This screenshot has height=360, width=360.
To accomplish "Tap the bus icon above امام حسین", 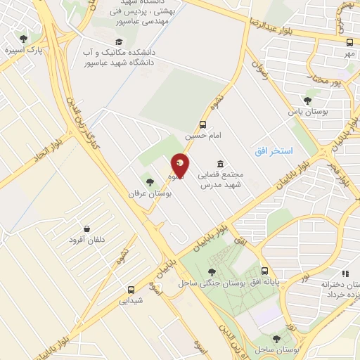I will click(x=203, y=124).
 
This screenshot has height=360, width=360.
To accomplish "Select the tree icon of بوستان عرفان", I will click(x=149, y=181).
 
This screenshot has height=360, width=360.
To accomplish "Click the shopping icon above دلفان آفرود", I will click(x=86, y=229).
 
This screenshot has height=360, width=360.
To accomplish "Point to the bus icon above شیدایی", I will click(x=131, y=289).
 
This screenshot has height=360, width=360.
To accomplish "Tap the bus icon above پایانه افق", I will click(x=264, y=271).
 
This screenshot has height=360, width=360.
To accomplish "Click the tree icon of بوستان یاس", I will click(x=307, y=101).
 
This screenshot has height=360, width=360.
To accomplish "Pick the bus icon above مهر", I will click(x=347, y=42).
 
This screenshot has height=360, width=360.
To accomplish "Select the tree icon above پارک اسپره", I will click(x=23, y=39).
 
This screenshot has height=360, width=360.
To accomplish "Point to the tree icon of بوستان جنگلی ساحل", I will click(x=212, y=272).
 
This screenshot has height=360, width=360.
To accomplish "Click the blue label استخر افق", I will click(x=274, y=152).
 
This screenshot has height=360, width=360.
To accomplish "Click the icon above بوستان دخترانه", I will click(x=345, y=273).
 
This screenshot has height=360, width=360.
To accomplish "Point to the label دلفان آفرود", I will click(x=86, y=240).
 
